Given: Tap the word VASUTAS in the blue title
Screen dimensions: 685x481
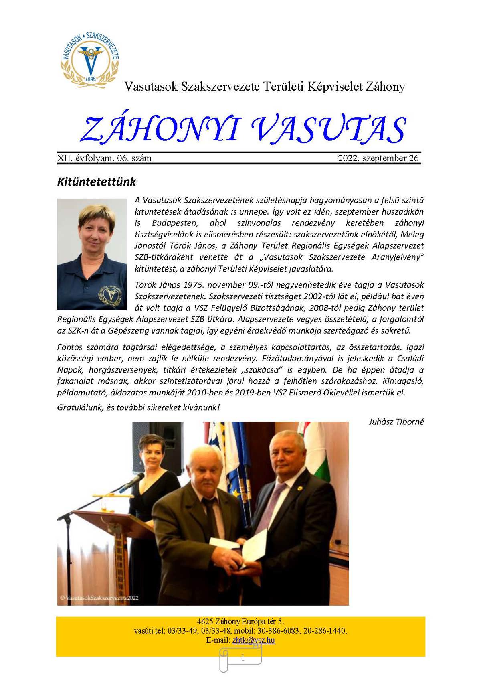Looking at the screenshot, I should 329,130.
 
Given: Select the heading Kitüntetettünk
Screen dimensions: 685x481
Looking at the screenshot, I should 97,182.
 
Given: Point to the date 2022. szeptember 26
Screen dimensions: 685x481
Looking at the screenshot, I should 378,158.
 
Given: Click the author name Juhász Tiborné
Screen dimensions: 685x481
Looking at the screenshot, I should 396,422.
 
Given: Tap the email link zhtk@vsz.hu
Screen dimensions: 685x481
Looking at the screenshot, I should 253,640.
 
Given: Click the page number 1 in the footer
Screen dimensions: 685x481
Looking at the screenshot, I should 243,657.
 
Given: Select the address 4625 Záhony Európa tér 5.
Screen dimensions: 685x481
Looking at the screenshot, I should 240,622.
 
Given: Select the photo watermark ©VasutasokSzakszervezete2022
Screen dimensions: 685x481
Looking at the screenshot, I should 99,598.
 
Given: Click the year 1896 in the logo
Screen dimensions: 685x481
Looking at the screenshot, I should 91,79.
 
